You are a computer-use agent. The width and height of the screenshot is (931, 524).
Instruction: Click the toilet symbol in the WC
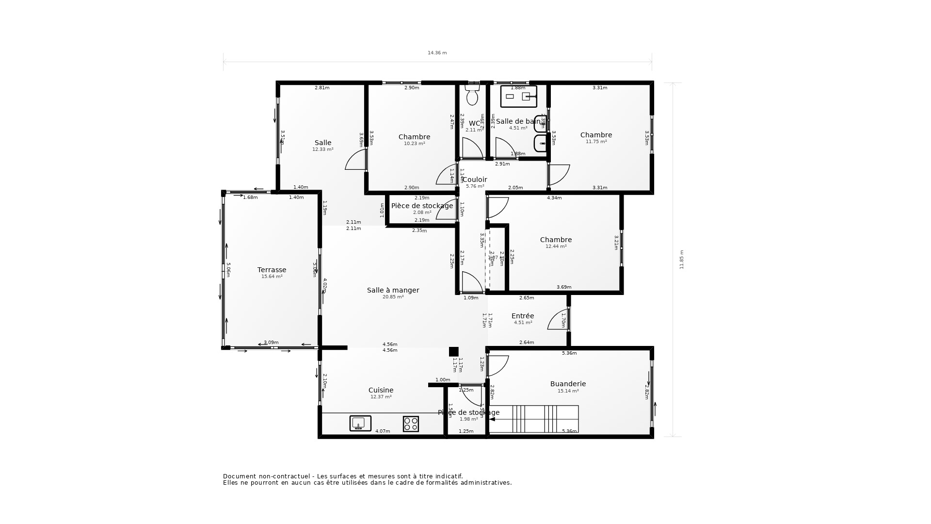472,95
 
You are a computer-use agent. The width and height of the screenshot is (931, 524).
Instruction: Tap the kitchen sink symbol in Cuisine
360,423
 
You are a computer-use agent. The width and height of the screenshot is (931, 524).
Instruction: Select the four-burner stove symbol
411,424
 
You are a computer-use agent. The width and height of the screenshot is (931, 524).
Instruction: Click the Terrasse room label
272,270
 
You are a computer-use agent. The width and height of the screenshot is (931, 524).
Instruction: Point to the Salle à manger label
393,290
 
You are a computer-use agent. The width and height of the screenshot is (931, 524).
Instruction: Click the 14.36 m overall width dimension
437,53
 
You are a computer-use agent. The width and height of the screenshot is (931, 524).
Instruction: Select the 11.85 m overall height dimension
681,260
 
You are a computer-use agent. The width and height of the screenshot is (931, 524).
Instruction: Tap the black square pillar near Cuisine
453,352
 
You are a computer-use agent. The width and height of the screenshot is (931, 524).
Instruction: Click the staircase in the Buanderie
533,419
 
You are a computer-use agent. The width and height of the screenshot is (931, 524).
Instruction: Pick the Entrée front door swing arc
558,320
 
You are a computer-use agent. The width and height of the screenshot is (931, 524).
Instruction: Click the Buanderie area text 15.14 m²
568,391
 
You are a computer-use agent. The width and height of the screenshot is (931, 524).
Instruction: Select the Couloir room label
475,180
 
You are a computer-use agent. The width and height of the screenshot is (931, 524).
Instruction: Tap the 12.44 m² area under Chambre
556,246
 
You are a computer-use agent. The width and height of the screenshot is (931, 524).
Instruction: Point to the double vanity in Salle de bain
518,97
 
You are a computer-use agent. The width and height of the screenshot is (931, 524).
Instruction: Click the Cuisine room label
381,390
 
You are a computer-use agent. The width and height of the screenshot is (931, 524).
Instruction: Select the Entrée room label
523,316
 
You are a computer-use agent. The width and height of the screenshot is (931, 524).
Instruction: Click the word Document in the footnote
239,476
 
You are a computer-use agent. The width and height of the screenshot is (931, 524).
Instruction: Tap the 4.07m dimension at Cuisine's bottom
383,431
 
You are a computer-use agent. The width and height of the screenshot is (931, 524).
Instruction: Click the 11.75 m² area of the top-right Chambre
596,142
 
